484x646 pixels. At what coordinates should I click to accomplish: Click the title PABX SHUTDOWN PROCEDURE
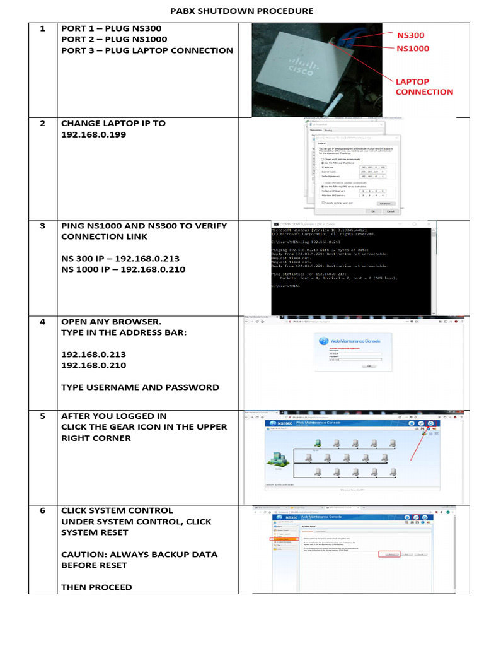[x=242, y=11]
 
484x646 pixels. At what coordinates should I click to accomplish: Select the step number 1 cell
[x=43, y=28]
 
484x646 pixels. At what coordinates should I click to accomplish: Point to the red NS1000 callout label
[x=413, y=48]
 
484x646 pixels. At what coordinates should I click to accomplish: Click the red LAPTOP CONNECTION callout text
[x=423, y=86]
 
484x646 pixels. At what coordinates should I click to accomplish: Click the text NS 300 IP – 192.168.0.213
[x=120, y=259]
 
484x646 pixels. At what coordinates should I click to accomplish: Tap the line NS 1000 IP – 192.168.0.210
[x=123, y=269]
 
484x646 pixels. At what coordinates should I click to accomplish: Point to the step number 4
[x=43, y=322]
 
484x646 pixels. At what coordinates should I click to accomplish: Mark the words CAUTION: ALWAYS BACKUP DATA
[x=139, y=555]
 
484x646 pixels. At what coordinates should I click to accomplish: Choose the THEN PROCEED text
[x=96, y=587]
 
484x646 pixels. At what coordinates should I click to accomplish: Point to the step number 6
[x=43, y=510]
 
